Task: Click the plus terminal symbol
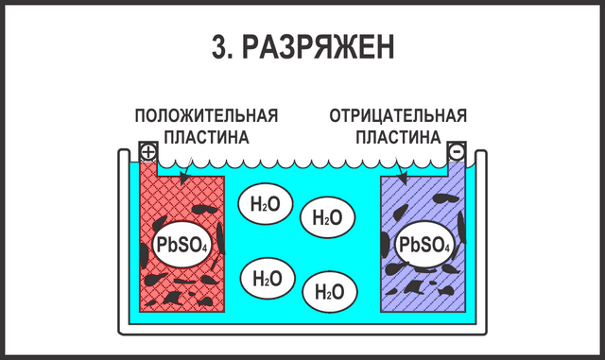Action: [148, 152]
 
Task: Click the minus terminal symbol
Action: [457, 152]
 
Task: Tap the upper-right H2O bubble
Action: [327, 218]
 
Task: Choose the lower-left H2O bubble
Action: [268, 279]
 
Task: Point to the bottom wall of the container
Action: [302, 330]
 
